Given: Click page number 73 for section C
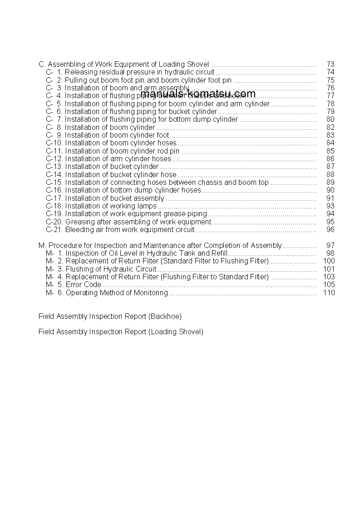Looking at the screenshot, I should (x=330, y=64).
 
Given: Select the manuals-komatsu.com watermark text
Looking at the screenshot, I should (x=198, y=94).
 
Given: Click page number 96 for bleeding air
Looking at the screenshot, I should (x=330, y=230).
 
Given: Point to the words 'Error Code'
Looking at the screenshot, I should (x=84, y=285).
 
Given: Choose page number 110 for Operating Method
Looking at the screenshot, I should (x=328, y=293).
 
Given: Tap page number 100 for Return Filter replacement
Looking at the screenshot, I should (x=328, y=261).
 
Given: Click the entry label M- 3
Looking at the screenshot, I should (x=54, y=269).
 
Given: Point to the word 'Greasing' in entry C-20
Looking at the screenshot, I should (x=80, y=222).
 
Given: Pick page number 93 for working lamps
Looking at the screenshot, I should (x=330, y=206).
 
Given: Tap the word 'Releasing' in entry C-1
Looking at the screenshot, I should (x=80, y=72).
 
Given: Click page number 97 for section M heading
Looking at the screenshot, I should (x=330, y=246).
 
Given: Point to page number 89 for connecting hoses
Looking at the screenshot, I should (x=330, y=183).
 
